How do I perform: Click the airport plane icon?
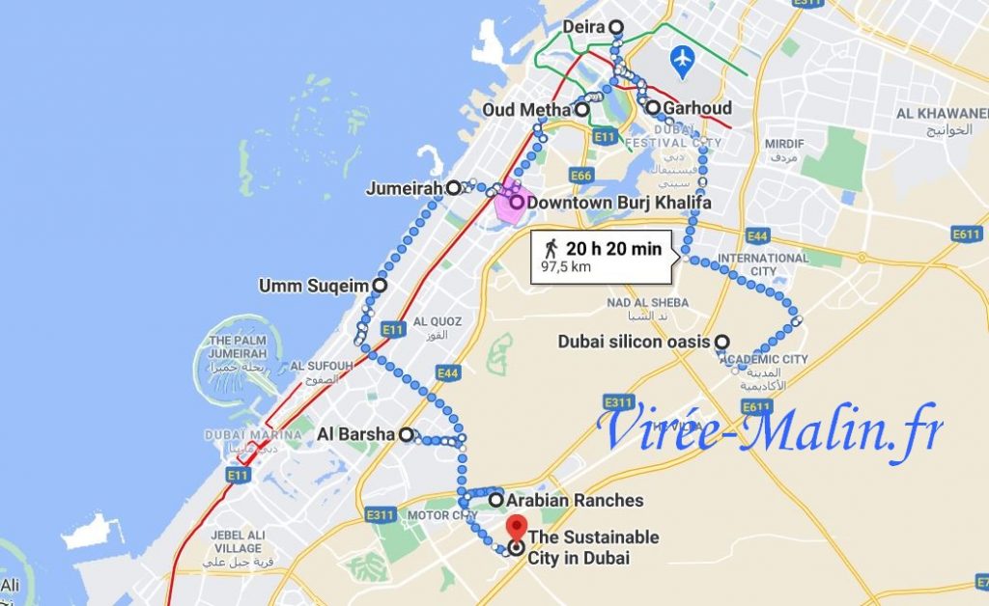pos(683,58)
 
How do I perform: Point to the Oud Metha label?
pos(526,110)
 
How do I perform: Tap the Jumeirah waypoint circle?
pos(453,189)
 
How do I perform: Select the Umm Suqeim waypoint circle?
pos(380,286)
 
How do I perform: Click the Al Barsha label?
pos(355,434)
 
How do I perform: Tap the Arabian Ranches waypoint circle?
pos(495,501)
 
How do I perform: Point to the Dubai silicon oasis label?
pos(634,342)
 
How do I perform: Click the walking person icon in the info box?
pos(551,249)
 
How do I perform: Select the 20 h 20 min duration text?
pos(613,249)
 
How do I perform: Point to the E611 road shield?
pos(967,234)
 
